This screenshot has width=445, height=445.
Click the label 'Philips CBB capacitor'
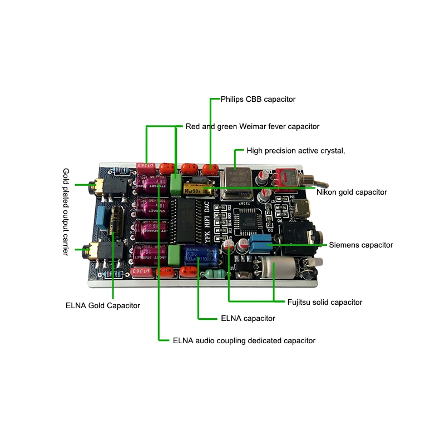click(x=258, y=99)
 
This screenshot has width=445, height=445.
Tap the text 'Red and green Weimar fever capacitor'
click(x=253, y=126)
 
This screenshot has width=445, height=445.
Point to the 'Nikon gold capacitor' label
click(x=352, y=192)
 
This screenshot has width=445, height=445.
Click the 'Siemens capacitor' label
click(x=361, y=245)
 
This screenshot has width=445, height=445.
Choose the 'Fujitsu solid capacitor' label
click(x=324, y=302)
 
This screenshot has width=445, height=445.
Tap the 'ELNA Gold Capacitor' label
click(x=103, y=305)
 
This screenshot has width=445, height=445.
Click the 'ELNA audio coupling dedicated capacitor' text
click(x=244, y=340)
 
